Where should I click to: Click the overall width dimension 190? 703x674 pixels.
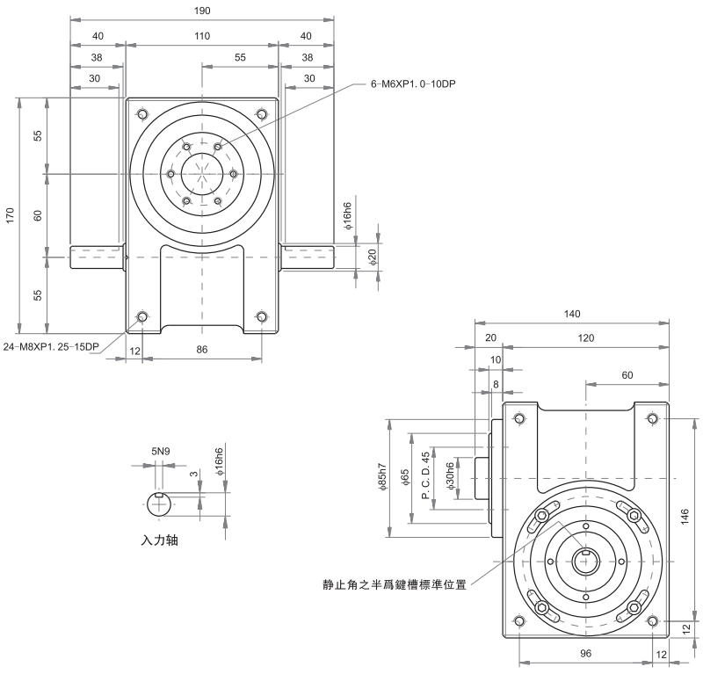tap(203, 11)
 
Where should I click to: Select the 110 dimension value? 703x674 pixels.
tap(203, 36)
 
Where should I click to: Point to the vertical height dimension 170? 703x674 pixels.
tap(10, 213)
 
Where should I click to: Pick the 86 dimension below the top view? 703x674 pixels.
tap(202, 351)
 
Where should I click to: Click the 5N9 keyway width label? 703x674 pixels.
tap(159, 452)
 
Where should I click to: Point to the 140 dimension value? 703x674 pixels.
tap(572, 314)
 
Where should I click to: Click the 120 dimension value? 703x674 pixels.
tap(585, 338)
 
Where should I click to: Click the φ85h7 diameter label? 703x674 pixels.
tap(382, 480)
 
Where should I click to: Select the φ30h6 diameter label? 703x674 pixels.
tap(450, 476)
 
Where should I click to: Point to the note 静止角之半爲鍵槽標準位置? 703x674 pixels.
tap(395, 583)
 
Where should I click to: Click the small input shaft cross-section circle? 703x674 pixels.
tap(159, 507)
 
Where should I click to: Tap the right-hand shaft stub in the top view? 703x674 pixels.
tap(308, 257)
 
